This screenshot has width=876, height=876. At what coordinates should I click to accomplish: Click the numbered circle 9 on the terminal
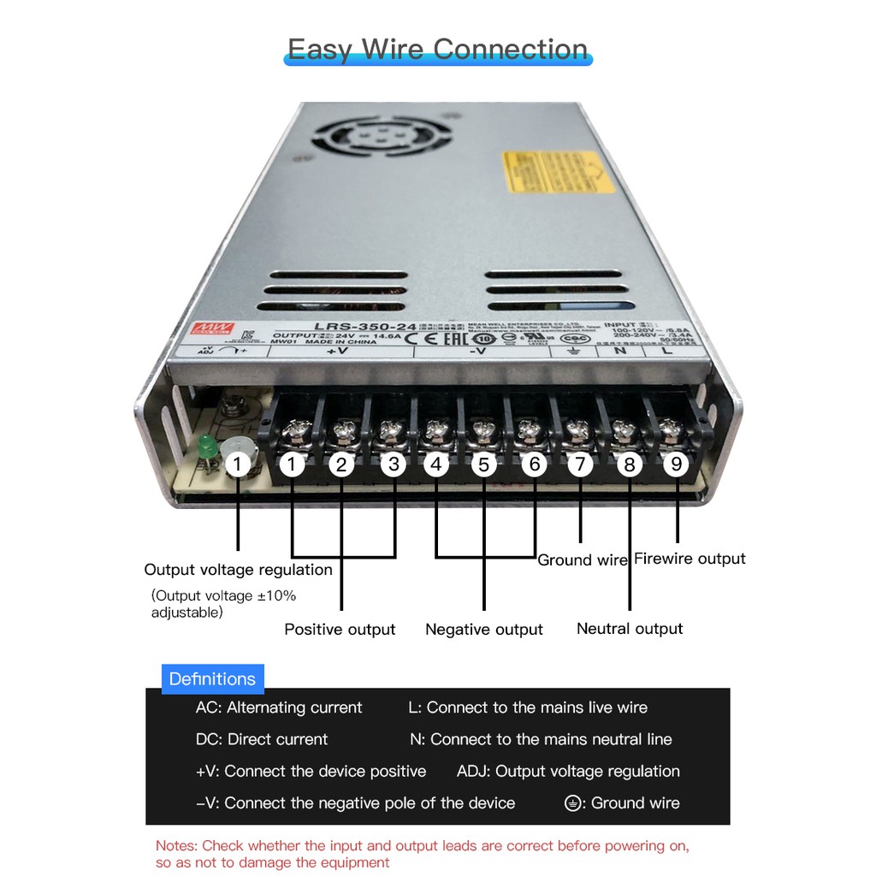coord(677,464)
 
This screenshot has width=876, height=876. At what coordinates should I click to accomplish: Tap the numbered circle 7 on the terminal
coord(580,464)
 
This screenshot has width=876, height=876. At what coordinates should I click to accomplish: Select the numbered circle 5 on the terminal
coord(483,465)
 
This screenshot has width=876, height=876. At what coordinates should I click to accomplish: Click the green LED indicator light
coord(205,447)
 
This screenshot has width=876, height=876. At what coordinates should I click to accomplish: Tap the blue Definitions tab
coord(212,679)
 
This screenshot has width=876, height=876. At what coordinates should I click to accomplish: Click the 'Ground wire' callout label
coord(583,560)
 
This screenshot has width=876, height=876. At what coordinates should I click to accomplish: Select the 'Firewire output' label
coord(690,559)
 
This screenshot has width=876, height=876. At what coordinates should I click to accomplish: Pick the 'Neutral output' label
coord(630,629)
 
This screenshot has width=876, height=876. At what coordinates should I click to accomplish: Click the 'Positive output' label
coord(340,630)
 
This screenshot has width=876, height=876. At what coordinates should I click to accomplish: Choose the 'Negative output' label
coord(483,630)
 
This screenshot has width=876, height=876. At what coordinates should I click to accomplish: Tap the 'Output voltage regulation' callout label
coord(238,570)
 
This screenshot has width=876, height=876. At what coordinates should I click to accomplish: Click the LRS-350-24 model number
coord(353,326)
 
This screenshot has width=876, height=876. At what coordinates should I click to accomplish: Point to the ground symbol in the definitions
coord(573,803)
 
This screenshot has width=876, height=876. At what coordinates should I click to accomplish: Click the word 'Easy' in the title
coord(318,49)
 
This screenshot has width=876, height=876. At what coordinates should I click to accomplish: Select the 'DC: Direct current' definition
coord(261,739)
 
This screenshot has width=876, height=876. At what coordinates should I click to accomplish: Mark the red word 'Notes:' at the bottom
coord(176,846)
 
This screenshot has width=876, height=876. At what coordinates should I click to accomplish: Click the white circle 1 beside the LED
coord(238,465)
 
